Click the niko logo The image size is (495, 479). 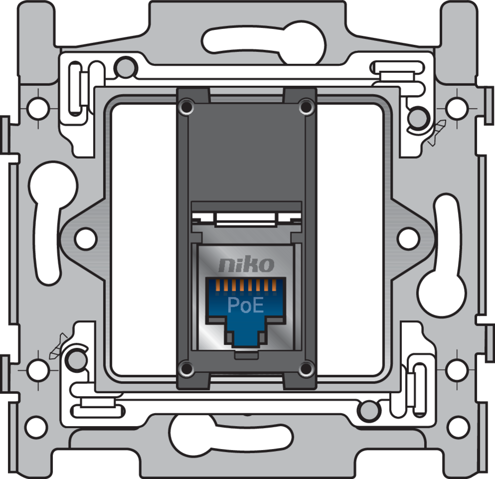(x=246, y=263)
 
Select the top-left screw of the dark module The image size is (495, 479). (x=187, y=106)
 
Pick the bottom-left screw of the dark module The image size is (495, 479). (x=187, y=369)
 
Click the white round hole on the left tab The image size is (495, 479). (x=85, y=238)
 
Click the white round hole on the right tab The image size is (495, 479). (x=408, y=238)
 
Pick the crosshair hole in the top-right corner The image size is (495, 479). (x=456, y=107)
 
